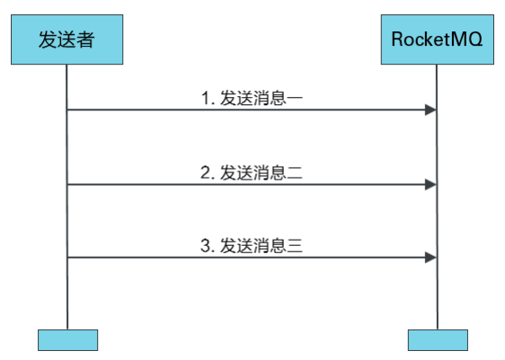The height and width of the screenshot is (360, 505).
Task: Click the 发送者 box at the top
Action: point(67,40)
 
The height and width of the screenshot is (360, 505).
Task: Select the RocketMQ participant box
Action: point(438,40)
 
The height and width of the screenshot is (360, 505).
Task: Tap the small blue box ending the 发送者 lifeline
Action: point(67,339)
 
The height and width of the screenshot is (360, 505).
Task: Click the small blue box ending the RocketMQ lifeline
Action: point(438,339)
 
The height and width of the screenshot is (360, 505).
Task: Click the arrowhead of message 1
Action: point(431,110)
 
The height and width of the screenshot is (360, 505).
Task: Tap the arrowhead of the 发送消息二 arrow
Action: point(431,184)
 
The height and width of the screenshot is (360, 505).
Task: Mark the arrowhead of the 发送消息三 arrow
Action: point(431,258)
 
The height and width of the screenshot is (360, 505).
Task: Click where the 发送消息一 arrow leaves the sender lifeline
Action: point(67,110)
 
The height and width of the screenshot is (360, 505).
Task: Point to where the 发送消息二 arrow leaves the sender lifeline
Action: point(67,184)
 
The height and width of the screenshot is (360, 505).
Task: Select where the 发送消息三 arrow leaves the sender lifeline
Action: point(67,258)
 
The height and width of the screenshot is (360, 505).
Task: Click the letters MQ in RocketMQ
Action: point(468,40)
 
